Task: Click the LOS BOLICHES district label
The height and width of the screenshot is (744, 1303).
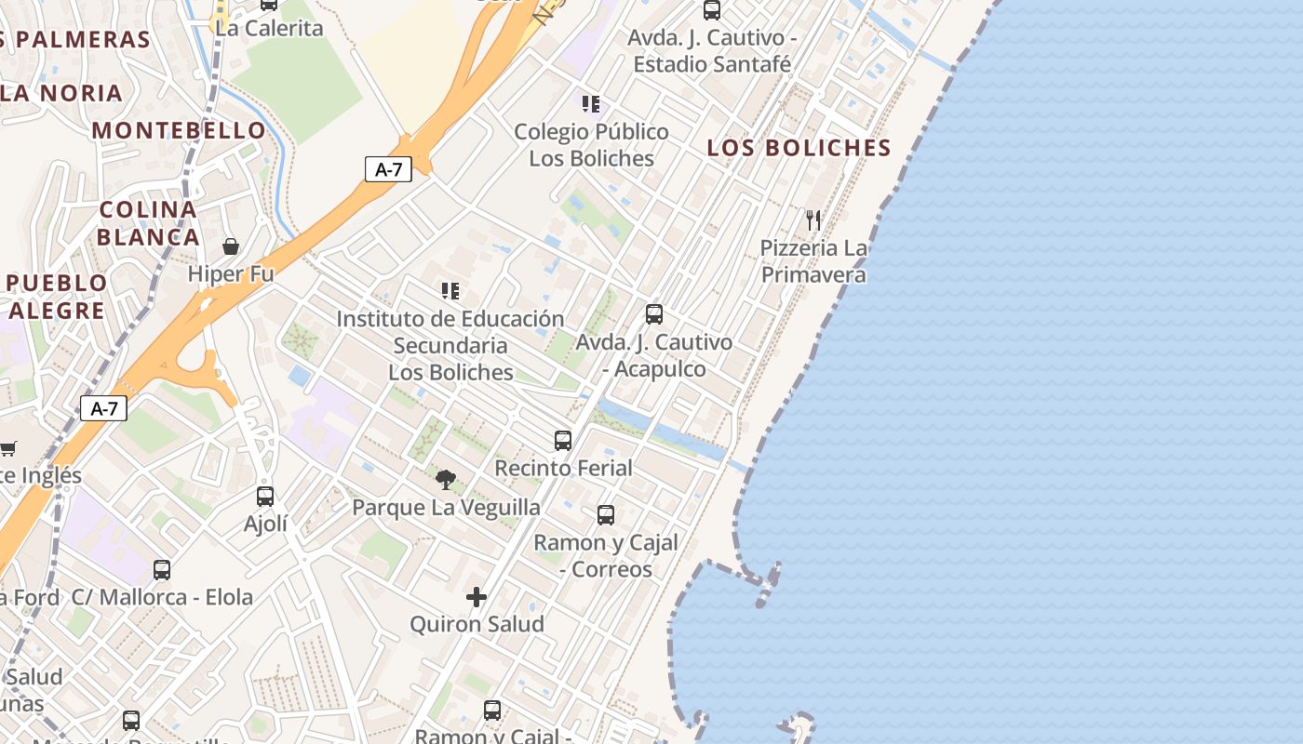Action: [799, 148]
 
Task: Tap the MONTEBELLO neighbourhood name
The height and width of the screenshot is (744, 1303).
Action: [179, 130]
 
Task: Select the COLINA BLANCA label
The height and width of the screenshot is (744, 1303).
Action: [148, 223]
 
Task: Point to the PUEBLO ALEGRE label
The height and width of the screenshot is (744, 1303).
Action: [57, 297]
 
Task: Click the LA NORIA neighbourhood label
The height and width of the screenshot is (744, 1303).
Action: [61, 93]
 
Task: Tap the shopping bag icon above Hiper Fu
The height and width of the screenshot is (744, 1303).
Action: [231, 246]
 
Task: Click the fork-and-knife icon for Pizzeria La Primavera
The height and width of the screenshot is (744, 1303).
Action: [813, 220]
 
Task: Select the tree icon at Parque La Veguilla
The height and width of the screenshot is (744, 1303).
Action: [446, 480]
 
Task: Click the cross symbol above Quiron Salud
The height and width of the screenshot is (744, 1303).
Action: [477, 597]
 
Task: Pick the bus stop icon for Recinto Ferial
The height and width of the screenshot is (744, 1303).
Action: [563, 441]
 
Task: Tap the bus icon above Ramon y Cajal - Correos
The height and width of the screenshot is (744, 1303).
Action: [606, 514]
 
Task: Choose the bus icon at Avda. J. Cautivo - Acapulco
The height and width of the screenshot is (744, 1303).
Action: [654, 314]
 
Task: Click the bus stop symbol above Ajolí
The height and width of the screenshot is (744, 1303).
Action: [265, 497]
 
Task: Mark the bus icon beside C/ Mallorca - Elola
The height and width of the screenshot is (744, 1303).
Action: [162, 570]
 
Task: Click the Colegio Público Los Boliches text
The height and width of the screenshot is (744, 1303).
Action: [591, 145]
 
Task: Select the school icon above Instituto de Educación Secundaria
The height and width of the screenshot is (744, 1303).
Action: [450, 291]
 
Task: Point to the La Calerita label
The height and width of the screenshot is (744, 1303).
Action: [269, 28]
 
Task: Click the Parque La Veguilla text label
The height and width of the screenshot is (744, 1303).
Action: [446, 508]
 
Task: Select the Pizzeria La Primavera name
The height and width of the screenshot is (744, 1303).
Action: [813, 261]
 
